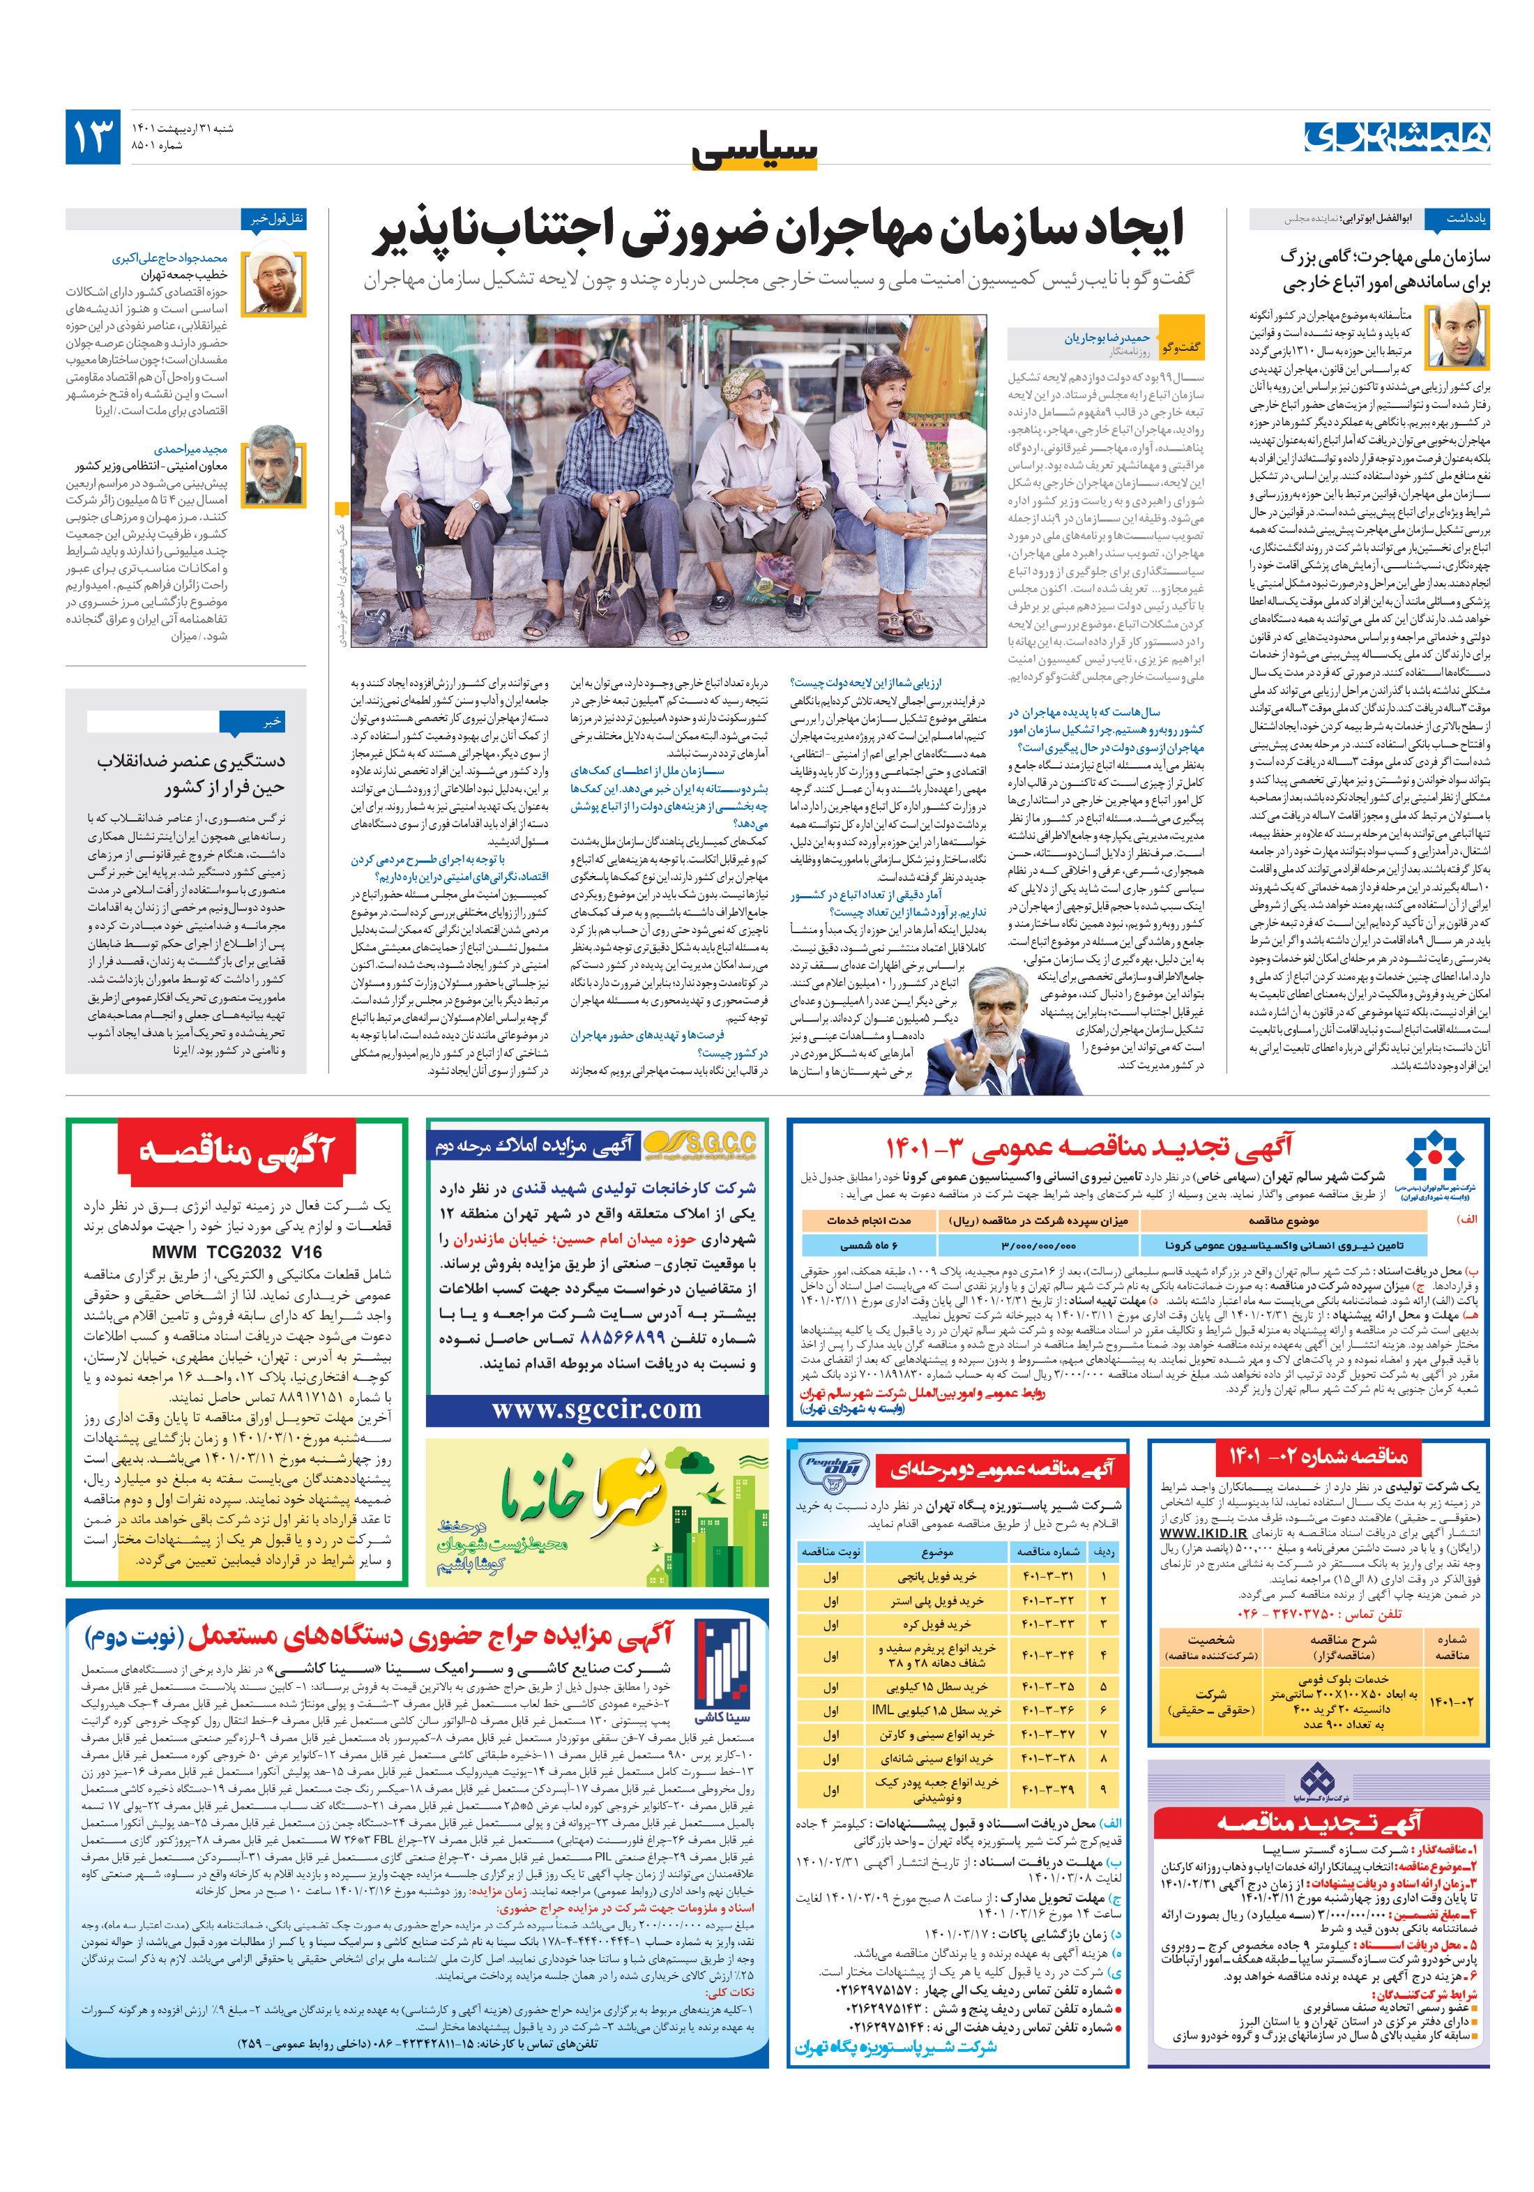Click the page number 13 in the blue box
pyautogui.click(x=93, y=137)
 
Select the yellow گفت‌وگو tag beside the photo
pyautogui.click(x=1180, y=347)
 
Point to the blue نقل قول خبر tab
pyautogui.click(x=275, y=218)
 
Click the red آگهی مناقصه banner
pyautogui.click(x=237, y=1152)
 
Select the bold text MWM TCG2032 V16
pyautogui.click(x=237, y=1252)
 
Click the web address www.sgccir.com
pyautogui.click(x=597, y=1409)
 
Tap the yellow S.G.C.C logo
pyautogui.click(x=699, y=1144)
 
